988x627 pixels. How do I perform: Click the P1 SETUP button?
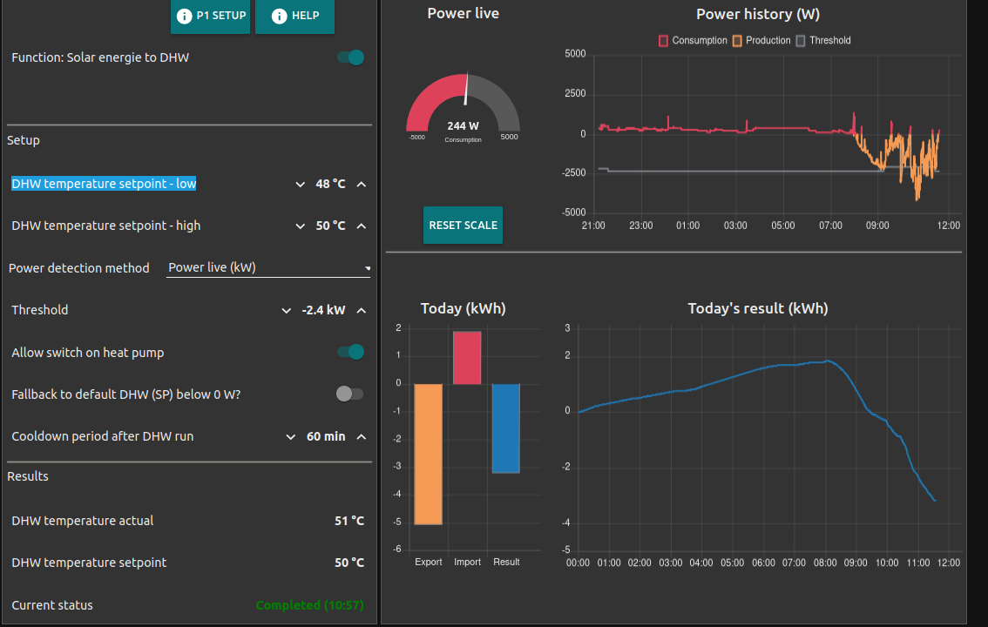(x=210, y=16)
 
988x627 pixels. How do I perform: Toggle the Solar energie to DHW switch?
(x=350, y=57)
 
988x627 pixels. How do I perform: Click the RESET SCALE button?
(x=463, y=225)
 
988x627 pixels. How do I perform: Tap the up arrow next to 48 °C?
(x=362, y=185)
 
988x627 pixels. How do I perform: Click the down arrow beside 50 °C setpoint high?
(x=301, y=226)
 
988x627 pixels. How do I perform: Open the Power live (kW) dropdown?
(x=268, y=268)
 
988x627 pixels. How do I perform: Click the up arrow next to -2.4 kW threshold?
(x=362, y=311)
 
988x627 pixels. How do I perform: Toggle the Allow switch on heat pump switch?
(x=350, y=352)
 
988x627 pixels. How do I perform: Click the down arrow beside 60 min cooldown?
(x=291, y=437)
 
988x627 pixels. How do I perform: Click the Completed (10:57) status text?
(x=309, y=605)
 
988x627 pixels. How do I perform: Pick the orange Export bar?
(x=428, y=454)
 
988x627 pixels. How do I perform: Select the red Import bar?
(x=467, y=358)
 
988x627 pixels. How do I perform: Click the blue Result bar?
(x=506, y=428)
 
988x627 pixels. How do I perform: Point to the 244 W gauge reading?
(x=463, y=125)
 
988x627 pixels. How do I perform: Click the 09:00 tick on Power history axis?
(x=877, y=226)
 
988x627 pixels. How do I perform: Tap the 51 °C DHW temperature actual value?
(x=349, y=521)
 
